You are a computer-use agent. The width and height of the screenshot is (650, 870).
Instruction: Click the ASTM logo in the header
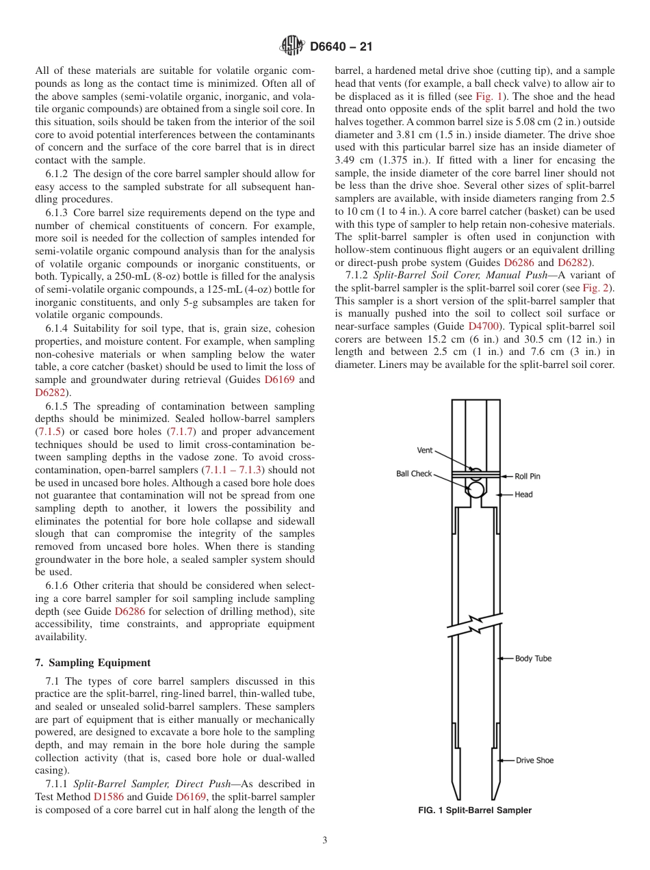pos(292,47)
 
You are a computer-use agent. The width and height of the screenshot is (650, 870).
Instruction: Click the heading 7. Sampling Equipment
pos(92,663)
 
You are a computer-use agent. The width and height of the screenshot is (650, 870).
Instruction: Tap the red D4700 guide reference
pos(482,326)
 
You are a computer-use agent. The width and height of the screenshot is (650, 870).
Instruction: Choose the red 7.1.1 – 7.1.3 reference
pos(233,470)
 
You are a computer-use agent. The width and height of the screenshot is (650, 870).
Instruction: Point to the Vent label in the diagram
pos(424,450)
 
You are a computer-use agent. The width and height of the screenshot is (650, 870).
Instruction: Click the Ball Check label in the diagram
pos(414,473)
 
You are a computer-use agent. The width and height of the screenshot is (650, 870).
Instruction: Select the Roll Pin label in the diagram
pos(527,476)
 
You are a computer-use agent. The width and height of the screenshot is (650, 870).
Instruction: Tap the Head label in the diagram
pos(523,494)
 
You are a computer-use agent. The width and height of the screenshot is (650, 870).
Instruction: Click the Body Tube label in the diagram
pos(533,658)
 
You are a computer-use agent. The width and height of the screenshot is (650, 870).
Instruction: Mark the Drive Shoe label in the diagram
pos(534,760)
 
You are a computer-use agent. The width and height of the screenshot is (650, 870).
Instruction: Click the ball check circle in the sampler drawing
pos(475,488)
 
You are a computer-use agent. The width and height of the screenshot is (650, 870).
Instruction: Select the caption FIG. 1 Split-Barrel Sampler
pos(475,810)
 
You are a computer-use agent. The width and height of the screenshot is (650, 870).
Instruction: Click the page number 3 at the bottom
pos(325,840)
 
